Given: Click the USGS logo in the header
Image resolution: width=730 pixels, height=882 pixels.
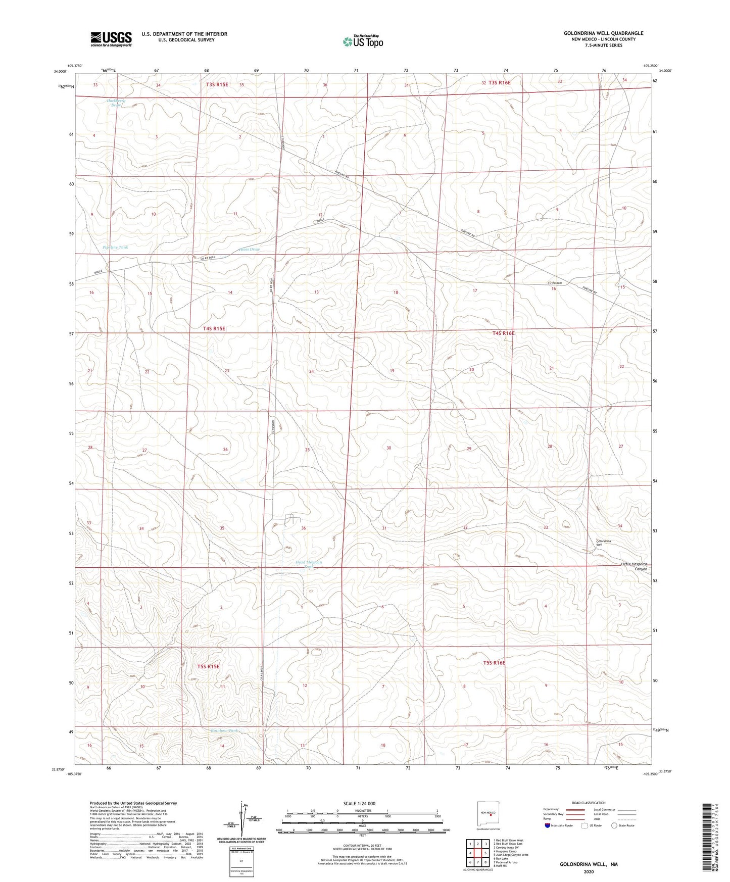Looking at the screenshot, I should pyautogui.click(x=111, y=39).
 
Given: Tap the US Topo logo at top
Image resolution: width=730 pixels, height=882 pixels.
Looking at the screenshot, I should pyautogui.click(x=362, y=41).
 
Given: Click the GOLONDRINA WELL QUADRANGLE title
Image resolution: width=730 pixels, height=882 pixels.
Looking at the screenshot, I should pyautogui.click(x=603, y=33).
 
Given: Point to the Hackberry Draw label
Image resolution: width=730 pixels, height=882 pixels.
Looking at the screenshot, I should pyautogui.click(x=116, y=103).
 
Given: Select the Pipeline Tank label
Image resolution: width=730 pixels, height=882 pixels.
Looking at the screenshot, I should pyautogui.click(x=116, y=248).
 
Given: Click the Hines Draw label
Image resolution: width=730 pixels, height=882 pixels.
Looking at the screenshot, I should pyautogui.click(x=249, y=250).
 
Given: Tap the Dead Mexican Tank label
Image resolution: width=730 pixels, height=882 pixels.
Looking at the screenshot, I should pyautogui.click(x=309, y=564).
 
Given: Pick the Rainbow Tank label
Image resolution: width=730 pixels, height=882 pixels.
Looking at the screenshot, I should pyautogui.click(x=224, y=731).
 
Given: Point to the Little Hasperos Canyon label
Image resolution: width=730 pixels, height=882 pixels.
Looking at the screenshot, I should pyautogui.click(x=634, y=566).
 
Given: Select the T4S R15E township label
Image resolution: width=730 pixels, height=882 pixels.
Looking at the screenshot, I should pyautogui.click(x=214, y=328).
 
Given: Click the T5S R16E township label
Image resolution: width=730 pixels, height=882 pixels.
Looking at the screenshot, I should pyautogui.click(x=494, y=663).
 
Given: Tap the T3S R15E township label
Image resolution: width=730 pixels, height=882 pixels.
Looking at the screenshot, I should pyautogui.click(x=217, y=85).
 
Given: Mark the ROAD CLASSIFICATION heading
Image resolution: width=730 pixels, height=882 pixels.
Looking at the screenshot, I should pyautogui.click(x=589, y=803).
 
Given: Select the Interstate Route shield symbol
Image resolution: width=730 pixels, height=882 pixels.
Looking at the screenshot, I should pyautogui.click(x=547, y=825).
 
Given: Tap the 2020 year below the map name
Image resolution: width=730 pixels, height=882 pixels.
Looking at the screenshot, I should pyautogui.click(x=589, y=872).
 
